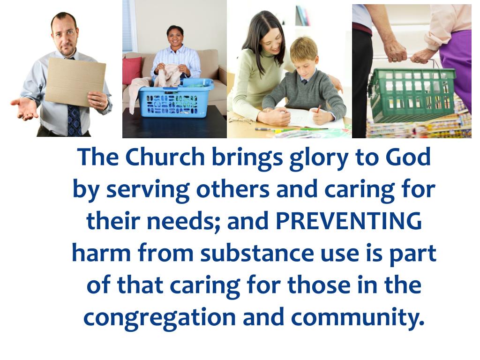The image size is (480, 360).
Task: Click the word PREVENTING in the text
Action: click(348, 221)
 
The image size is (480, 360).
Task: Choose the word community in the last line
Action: click(357, 318)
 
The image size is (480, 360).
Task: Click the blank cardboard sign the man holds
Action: click(75, 82)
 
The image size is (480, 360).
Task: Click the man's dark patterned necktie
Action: click(74, 120)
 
